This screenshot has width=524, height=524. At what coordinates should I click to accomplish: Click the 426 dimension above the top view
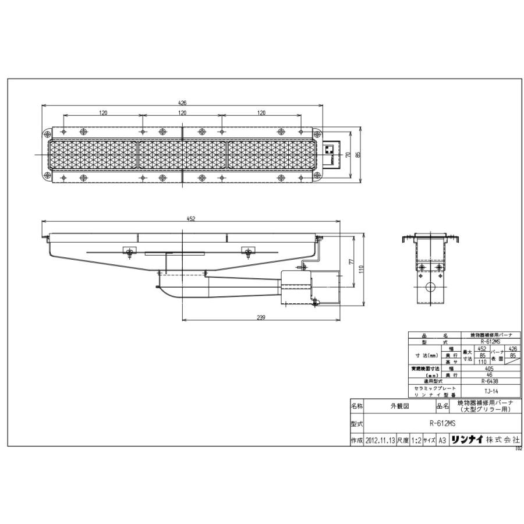(182, 103)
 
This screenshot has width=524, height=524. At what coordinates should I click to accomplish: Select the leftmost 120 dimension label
(104, 113)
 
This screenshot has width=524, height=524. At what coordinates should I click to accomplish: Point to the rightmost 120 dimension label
(261, 113)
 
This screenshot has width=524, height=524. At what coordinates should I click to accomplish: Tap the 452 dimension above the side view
(192, 218)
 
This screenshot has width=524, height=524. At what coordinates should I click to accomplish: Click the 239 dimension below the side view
(260, 317)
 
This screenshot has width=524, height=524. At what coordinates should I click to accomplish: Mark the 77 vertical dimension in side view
(352, 263)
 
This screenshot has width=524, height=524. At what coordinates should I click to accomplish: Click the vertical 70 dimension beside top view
(347, 154)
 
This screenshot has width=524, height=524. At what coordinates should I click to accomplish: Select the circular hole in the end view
(430, 288)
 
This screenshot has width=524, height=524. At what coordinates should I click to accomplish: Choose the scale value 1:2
(416, 441)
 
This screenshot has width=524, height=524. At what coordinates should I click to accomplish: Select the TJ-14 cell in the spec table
(491, 391)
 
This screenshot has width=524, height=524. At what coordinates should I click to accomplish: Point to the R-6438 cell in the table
(491, 381)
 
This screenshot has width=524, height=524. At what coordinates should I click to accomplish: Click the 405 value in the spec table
(491, 369)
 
